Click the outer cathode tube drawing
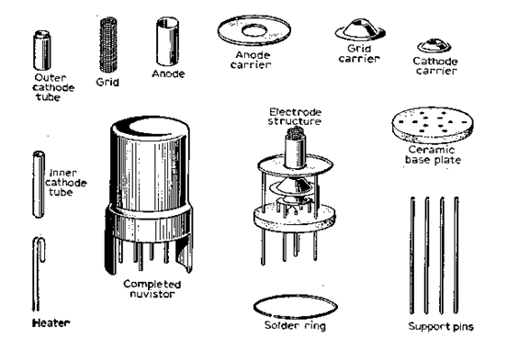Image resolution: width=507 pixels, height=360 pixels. tap(41, 51)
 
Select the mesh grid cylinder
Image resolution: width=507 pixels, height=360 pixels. tap(108, 45)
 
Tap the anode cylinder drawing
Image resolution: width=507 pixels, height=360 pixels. tap(167, 42)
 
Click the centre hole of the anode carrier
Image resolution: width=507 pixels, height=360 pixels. tap(254, 31)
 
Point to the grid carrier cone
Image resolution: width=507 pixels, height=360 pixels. tap(360, 29)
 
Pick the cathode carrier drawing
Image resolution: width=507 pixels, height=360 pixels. tap(434, 46)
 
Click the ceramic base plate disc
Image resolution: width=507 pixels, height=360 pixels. tap(433, 125)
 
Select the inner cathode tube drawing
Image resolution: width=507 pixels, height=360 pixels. tap(39, 185)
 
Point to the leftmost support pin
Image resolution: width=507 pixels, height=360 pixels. tap(412, 255)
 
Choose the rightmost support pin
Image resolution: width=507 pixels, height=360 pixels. tap(456, 255)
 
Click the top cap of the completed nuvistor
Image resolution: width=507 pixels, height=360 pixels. tap(150, 128)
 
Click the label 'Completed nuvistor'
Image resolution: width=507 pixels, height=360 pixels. tap(152, 289)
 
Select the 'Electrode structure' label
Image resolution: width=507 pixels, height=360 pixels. tap(295, 117)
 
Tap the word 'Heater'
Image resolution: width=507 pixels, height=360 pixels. tap(51, 323)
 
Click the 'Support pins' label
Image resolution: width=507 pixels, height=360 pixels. tap(441, 326)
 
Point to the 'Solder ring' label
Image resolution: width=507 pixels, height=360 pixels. tap(295, 326)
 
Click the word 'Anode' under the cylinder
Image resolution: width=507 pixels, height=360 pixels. tap(168, 74)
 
